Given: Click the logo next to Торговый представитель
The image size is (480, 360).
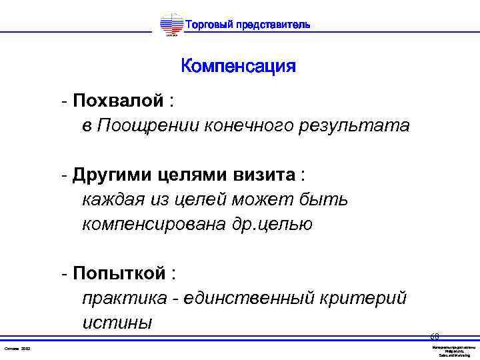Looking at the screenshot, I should [x=172, y=26].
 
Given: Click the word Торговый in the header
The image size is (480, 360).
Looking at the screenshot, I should [x=208, y=25].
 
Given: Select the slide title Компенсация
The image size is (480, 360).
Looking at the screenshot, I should [x=238, y=67].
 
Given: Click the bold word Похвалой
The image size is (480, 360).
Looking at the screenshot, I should [x=118, y=101].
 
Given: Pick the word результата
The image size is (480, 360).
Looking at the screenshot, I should [x=363, y=125].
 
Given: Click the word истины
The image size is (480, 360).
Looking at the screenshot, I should [x=117, y=323].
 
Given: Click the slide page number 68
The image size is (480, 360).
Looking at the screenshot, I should [x=434, y=337].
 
